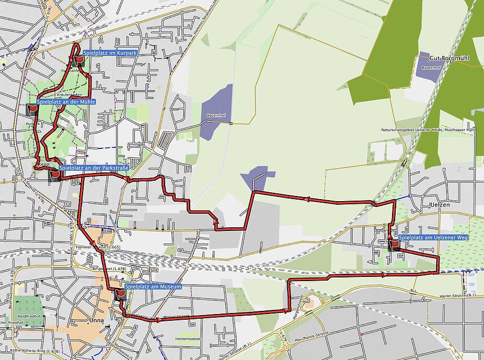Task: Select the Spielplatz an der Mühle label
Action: click(66, 102)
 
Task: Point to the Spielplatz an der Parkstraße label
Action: click(93, 168)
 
